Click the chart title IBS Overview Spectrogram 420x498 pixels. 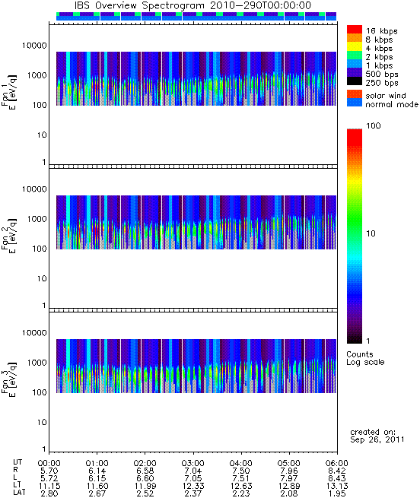[x=139, y=6]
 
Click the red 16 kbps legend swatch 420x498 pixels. [x=355, y=29]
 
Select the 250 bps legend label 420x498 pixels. [x=381, y=83]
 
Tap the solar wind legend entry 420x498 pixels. [x=386, y=96]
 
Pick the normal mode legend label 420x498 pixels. [x=392, y=104]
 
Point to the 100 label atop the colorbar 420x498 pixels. [x=374, y=125]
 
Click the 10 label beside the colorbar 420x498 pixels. [x=371, y=233]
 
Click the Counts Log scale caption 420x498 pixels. [x=365, y=358]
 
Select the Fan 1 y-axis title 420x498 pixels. [x=8, y=92]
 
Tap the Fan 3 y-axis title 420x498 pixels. [x=8, y=379]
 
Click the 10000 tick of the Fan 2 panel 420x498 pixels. [x=34, y=189]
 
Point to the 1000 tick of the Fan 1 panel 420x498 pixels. [x=37, y=75]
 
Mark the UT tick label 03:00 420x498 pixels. [x=192, y=463]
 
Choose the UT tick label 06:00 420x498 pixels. [x=337, y=463]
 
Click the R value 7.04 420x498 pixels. [x=192, y=471]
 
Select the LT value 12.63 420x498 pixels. [x=240, y=486]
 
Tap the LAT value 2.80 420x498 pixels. [x=49, y=493]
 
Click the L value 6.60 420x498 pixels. [x=145, y=478]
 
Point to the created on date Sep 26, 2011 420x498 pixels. [x=377, y=440]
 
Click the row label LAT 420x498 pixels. [x=19, y=493]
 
